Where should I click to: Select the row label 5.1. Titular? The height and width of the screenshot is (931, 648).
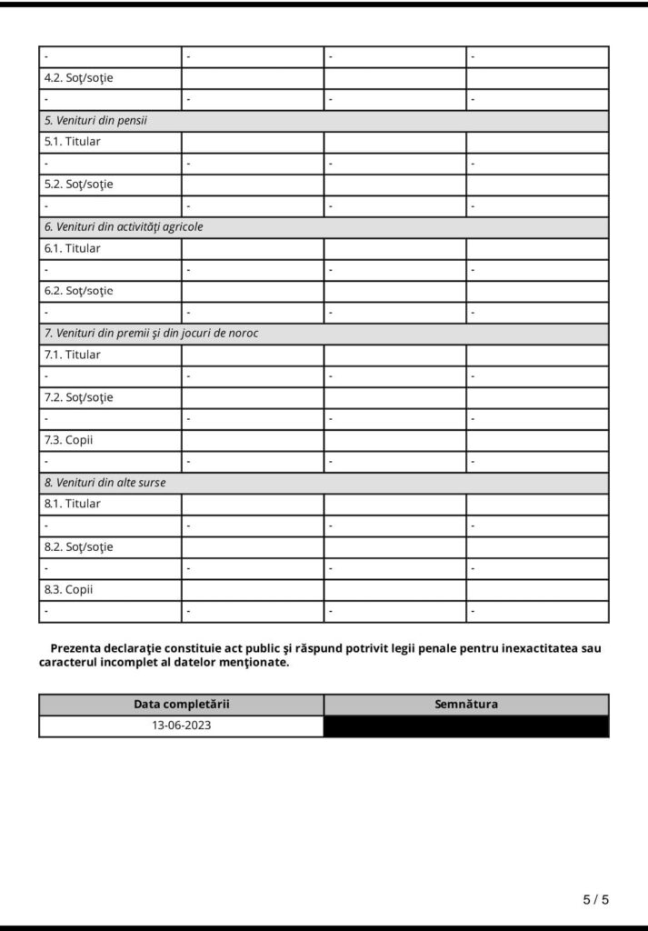pos(73,142)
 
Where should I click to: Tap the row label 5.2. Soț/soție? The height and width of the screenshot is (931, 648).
pos(79,185)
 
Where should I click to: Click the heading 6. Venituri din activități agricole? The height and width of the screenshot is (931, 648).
pos(124,227)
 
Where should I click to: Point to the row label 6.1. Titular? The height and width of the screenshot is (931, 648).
pos(73,248)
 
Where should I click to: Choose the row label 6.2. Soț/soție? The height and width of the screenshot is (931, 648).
pos(79,291)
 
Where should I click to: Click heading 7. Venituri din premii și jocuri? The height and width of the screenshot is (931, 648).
pos(152,334)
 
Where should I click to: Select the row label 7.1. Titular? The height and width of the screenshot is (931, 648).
pos(73,355)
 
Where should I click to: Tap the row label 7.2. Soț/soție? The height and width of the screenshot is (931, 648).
pos(79,397)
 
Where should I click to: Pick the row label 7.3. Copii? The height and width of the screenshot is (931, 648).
pos(69,440)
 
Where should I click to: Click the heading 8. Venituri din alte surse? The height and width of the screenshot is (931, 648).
pos(105,483)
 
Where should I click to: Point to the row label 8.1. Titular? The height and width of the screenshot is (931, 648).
pos(73,504)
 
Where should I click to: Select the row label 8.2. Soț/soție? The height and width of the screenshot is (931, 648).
pos(79,547)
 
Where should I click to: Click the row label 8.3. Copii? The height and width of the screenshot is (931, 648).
pos(69,589)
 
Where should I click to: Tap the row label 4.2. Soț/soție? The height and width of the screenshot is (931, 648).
pos(79,78)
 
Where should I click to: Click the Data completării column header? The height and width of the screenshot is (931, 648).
pos(182,705)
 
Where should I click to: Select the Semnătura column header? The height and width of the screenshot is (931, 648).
pos(466,705)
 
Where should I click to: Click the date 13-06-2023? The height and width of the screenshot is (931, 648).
pos(182,726)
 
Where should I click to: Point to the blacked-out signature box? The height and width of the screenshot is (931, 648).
pos(466,726)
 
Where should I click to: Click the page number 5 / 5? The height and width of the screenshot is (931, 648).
pos(595,900)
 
